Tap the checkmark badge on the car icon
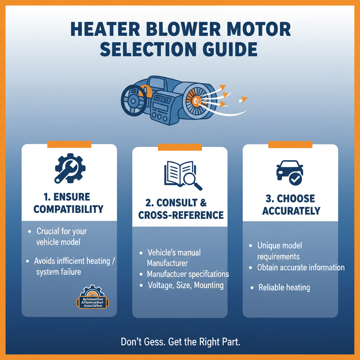[295, 180]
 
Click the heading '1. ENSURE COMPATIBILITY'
[69, 203]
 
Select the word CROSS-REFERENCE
[181, 215]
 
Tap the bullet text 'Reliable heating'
[284, 288]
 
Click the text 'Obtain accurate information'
[301, 268]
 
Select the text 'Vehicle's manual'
[174, 252]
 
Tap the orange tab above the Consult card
[180, 147]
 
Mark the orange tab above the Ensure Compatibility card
[69, 144]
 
